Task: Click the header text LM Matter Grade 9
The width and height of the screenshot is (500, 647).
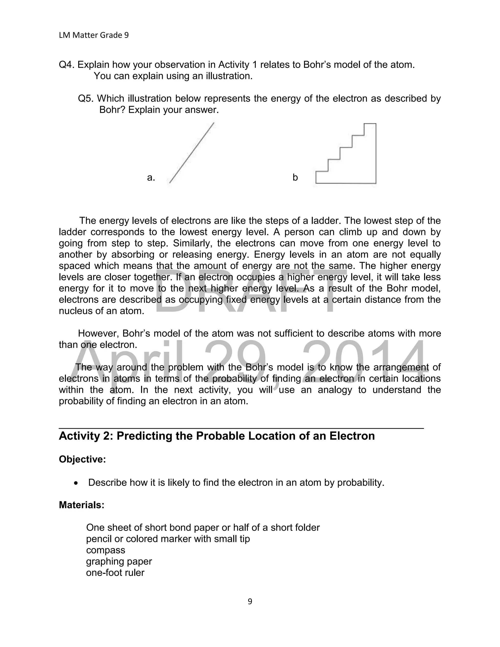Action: coord(94,35)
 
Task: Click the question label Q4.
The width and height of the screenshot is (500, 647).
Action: coord(67,65)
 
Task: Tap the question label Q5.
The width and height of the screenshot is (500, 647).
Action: coord(86,98)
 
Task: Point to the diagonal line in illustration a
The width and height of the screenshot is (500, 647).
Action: coord(192,153)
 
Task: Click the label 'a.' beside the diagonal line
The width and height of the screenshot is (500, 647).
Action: coord(151,177)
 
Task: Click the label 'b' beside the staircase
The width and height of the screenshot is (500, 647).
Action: coord(295,177)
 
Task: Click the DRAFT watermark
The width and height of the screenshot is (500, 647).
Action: coord(249,292)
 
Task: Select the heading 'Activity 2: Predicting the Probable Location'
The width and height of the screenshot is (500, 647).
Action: coord(217,436)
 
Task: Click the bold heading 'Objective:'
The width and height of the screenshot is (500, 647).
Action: coord(82,459)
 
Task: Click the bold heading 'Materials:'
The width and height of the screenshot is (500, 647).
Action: coord(82,505)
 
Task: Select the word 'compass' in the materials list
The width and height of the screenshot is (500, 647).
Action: coord(105,550)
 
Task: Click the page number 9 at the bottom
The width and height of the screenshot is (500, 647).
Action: coord(250,602)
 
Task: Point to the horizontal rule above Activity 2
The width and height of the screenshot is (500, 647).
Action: coord(241,428)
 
